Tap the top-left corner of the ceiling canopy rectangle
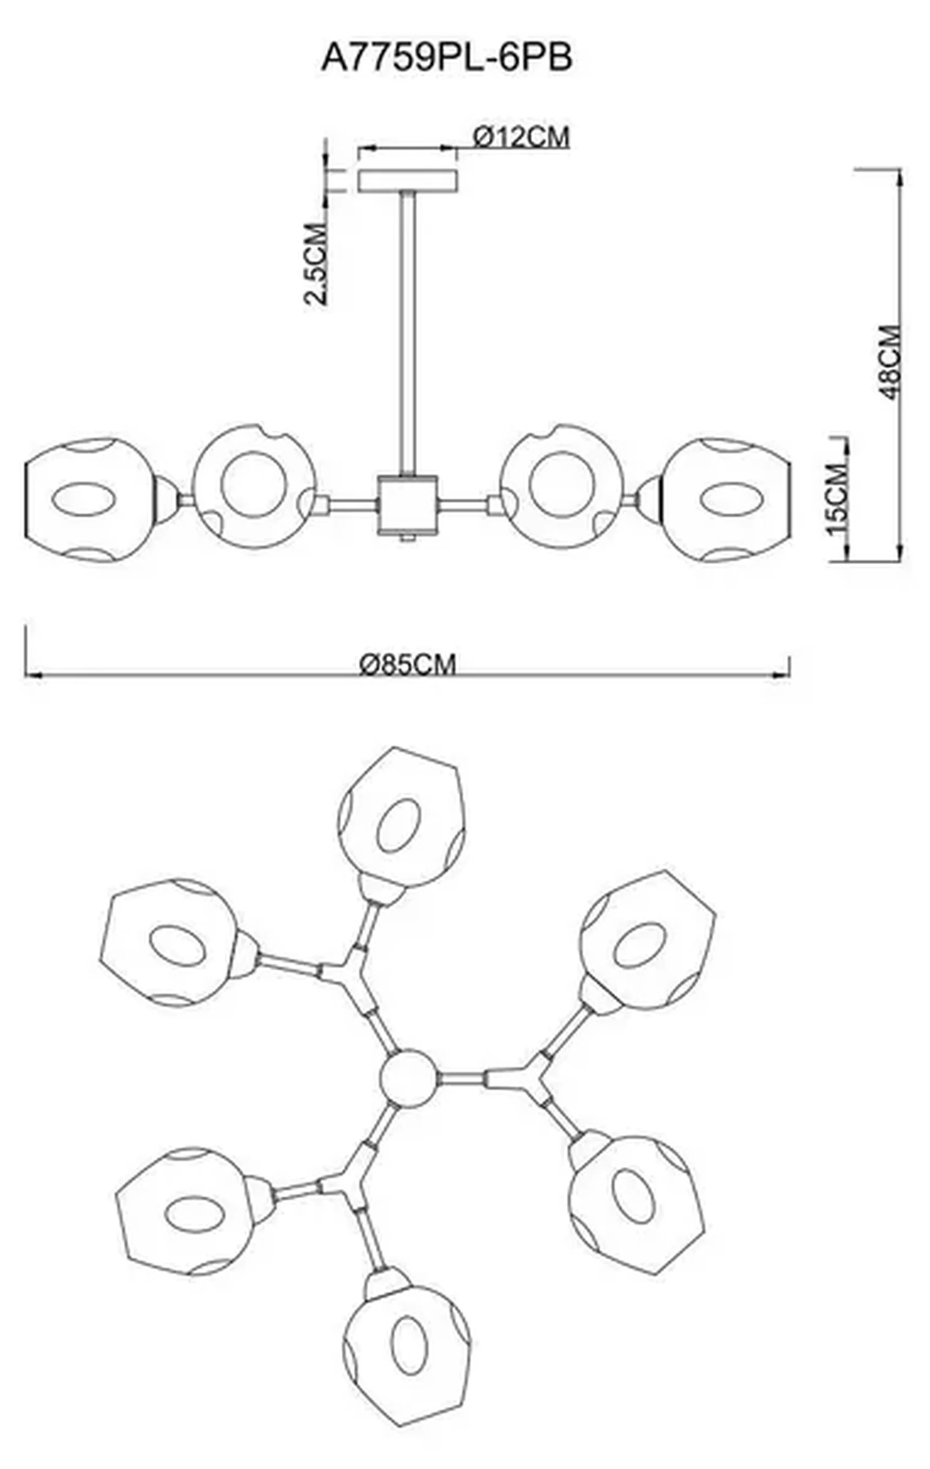(359, 171)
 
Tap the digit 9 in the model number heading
(422, 58)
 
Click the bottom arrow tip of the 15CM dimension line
(845, 560)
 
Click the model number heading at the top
(447, 58)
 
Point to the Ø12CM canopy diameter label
(521, 137)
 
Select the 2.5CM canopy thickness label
(316, 264)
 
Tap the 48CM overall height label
(891, 362)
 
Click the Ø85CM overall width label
(407, 664)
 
